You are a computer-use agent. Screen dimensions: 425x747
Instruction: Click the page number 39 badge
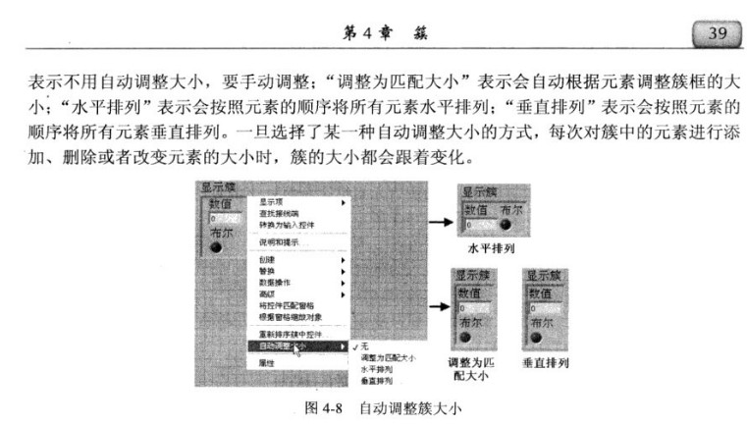(716, 33)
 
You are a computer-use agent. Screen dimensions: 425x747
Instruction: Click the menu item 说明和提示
(279, 242)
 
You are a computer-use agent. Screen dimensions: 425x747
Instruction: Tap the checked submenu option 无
(364, 346)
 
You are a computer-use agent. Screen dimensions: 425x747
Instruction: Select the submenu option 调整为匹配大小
(389, 358)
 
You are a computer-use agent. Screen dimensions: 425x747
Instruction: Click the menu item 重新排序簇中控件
(290, 334)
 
